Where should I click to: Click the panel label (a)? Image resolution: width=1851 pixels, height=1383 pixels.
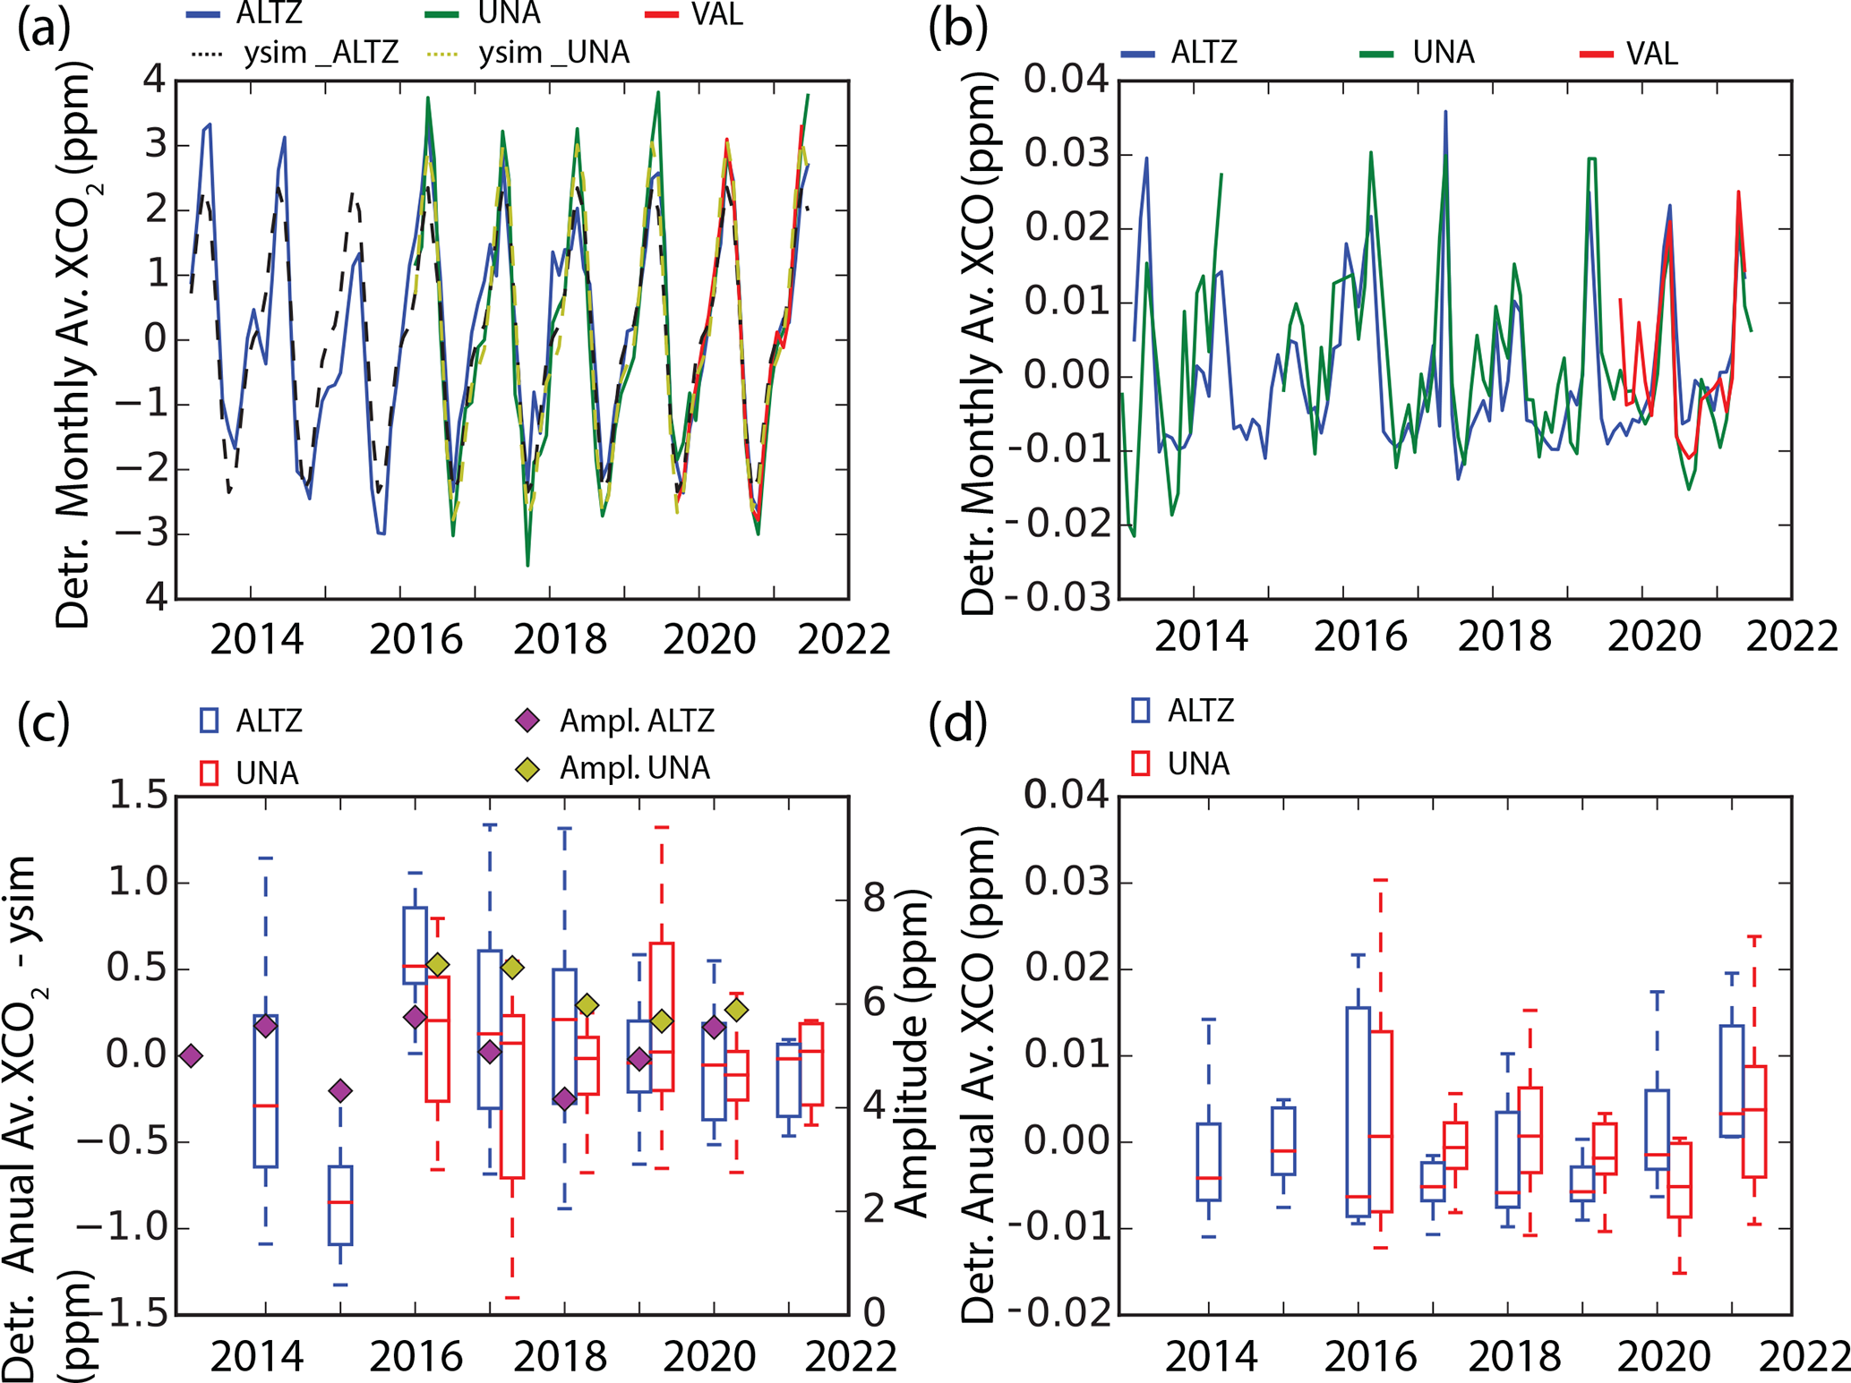point(43,29)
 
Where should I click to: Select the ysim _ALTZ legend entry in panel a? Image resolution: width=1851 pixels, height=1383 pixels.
point(295,54)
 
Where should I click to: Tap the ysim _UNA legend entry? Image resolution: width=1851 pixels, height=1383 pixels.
point(528,54)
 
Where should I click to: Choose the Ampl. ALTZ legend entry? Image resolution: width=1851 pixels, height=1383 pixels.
point(614,721)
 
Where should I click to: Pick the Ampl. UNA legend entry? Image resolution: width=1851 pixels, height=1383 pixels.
point(614,768)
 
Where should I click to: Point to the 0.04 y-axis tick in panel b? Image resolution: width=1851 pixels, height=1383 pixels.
point(1066,81)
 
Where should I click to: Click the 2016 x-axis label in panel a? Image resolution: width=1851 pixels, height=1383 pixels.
point(416,639)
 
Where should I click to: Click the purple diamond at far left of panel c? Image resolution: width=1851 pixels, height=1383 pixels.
point(191,1056)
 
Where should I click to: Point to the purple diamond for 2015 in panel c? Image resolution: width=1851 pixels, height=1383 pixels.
point(339,1090)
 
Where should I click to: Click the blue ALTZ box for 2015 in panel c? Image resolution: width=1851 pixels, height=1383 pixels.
point(339,1205)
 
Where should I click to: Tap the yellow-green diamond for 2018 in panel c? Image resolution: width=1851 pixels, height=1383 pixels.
point(587,1005)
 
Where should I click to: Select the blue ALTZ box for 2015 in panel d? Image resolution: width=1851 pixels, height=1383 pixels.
point(1283,1140)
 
